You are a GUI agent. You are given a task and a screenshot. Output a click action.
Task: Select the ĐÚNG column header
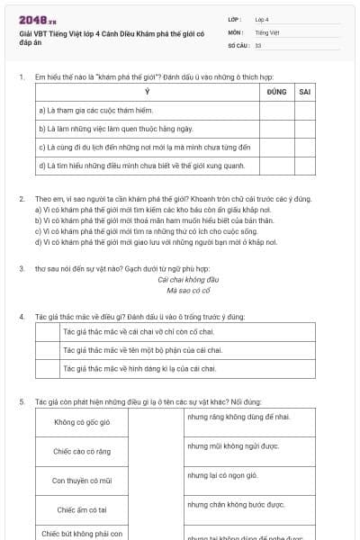coord(277,92)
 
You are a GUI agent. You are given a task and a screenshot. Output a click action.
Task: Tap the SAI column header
coord(305,92)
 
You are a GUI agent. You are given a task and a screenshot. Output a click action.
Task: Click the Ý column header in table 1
coord(148,92)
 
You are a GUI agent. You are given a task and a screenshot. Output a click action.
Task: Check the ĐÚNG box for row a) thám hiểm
coord(277,111)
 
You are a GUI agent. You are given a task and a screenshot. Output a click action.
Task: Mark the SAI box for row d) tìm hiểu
coord(305,165)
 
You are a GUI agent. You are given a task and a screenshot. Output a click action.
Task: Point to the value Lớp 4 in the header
coord(262,19)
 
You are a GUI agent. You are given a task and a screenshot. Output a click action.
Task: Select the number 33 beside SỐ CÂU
coord(258,44)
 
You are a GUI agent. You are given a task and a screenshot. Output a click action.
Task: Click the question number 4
coord(22,317)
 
